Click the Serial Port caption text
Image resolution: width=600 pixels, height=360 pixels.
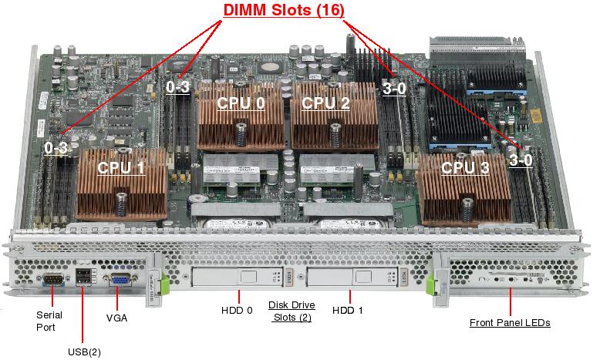pos(49,320)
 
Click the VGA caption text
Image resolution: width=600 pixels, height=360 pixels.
pos(116,318)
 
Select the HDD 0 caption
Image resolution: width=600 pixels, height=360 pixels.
pos(238,311)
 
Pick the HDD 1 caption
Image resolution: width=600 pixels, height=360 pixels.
pos(349,311)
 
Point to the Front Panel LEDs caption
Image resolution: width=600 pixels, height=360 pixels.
pos(510,323)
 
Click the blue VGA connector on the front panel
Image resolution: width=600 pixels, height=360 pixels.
pos(121,281)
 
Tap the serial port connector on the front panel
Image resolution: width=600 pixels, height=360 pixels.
pos(54,281)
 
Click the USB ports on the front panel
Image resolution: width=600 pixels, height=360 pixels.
pos(84,280)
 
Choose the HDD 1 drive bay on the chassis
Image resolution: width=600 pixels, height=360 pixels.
pos(352,277)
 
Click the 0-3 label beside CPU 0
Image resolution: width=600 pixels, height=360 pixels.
pos(178,87)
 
